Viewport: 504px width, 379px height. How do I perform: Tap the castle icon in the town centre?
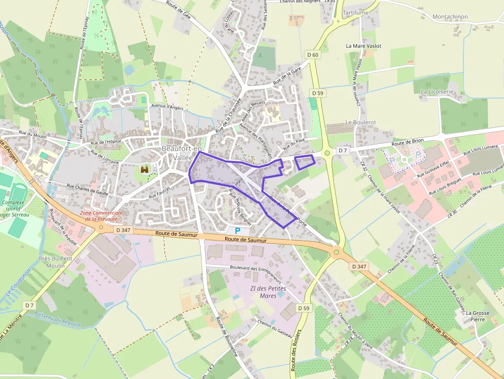click(145, 169)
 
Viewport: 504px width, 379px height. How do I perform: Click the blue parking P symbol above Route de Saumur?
click(238, 231)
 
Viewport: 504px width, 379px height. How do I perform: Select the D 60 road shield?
click(313, 55)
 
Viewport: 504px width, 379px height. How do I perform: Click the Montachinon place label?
click(450, 16)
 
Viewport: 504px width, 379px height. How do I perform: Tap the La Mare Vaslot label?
click(364, 46)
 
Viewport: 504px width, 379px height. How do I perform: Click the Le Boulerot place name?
click(361, 122)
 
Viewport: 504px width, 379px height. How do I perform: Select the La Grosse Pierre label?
click(475, 316)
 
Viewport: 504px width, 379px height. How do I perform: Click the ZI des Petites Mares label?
click(267, 292)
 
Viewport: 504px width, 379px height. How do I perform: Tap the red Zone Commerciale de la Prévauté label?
click(101, 215)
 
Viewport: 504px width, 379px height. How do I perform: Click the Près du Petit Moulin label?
click(55, 262)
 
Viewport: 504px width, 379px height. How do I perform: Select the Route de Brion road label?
click(407, 142)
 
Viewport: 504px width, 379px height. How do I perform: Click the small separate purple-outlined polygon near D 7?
click(305, 162)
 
